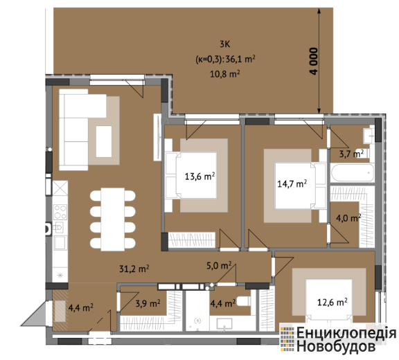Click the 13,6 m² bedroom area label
(199, 176)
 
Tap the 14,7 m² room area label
(292, 183)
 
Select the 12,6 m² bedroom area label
(332, 302)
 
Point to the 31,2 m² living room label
(134, 269)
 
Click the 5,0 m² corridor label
(219, 265)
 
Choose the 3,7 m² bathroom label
(351, 154)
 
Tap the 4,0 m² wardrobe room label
(348, 218)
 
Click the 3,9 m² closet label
(148, 303)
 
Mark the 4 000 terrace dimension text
(314, 61)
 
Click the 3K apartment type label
(225, 44)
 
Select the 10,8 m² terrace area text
(225, 74)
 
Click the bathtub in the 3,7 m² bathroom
(353, 172)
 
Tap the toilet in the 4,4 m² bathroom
(243, 302)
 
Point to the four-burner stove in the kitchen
(60, 212)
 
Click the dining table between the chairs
(113, 219)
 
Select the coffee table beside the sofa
(104, 142)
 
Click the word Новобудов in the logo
(336, 345)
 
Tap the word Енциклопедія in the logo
(346, 333)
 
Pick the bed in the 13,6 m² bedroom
(191, 175)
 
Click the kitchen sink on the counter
(58, 227)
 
